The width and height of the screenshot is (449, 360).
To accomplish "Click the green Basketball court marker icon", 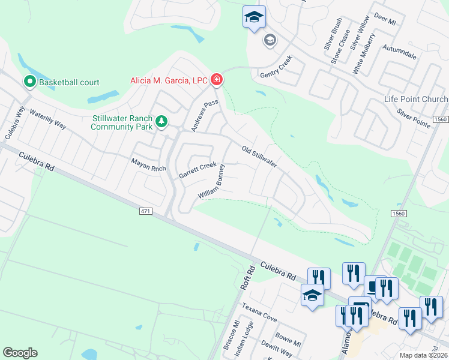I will (x=29, y=82).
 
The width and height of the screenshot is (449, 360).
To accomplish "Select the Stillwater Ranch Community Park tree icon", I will (x=161, y=122).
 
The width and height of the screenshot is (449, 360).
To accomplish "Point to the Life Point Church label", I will (x=416, y=99).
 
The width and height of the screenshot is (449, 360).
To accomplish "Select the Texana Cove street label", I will (x=259, y=313).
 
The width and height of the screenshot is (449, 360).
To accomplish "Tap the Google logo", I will (x=20, y=353).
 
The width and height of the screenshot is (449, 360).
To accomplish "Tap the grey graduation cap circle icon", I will (x=270, y=40).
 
